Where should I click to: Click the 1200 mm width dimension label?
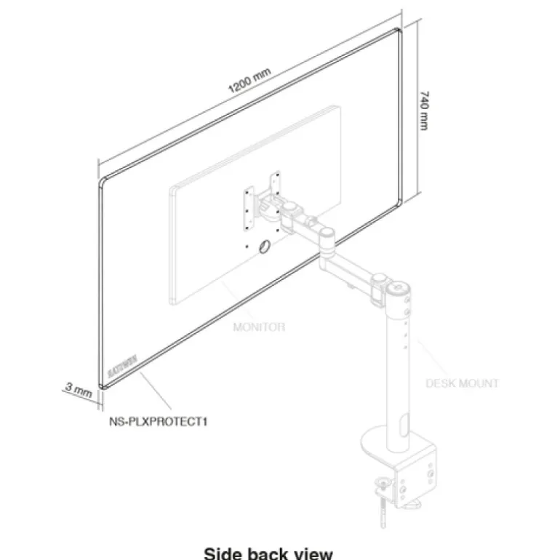point(249,81)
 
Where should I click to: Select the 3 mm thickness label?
point(78,390)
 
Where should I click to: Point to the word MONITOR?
point(259,327)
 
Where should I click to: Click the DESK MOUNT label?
point(463,383)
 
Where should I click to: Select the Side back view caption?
point(268,553)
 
